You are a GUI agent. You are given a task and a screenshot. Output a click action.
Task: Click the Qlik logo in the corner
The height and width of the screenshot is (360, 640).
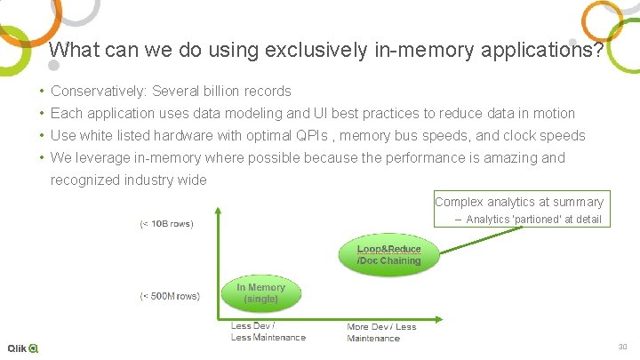[22, 348]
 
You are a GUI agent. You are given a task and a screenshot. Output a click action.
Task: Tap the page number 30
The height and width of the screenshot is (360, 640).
[622, 348]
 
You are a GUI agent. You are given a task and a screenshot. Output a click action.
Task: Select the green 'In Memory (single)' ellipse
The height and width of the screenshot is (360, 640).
[260, 293]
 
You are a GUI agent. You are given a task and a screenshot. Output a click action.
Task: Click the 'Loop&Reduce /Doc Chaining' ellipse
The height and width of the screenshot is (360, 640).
[388, 254]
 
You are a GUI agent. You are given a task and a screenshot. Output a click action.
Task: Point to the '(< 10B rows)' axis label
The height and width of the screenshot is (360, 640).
[166, 223]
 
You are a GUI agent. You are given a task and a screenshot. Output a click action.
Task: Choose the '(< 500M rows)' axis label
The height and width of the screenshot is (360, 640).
[170, 295]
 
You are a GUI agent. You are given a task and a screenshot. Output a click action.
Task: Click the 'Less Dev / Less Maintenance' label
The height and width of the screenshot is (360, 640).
[268, 332]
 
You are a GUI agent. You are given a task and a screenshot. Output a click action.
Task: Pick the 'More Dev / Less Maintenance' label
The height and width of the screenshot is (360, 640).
[381, 332]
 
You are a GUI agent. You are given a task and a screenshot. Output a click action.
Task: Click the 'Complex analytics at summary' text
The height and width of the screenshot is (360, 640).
[518, 202]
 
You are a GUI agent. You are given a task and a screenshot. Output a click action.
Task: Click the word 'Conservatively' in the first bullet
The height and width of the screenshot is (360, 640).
[98, 92]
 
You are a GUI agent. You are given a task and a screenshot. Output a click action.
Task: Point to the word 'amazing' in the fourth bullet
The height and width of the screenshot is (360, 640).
[513, 158]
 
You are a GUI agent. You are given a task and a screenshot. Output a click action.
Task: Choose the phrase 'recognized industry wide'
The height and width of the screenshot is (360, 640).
[128, 180]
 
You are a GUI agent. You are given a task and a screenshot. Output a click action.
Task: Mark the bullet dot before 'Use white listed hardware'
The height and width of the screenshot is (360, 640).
[42, 136]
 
